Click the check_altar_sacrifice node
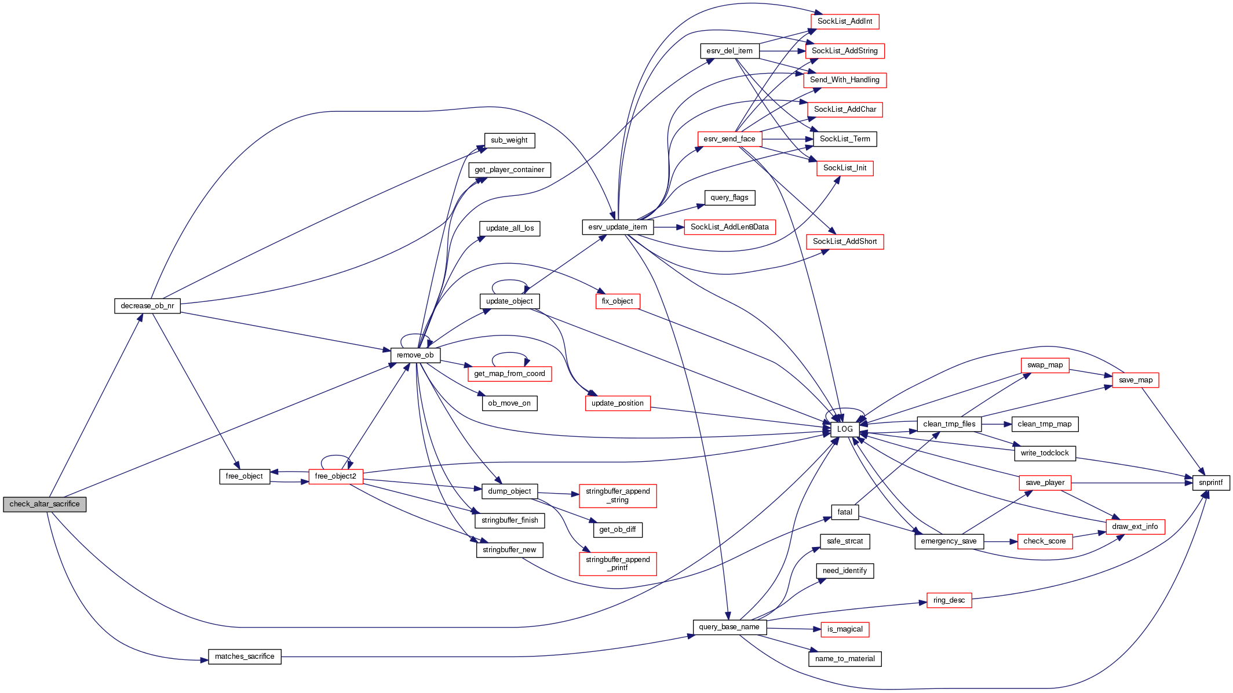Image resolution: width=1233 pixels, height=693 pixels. coord(45,504)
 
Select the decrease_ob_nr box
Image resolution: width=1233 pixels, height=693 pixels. coord(147,306)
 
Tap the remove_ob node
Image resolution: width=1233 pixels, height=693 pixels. coord(415,355)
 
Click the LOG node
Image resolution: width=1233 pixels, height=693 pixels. coord(845,429)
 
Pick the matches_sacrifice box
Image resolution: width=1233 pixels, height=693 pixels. coord(245,656)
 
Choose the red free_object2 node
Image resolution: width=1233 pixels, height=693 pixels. coord(335,476)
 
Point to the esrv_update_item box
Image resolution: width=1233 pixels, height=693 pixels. coord(618,227)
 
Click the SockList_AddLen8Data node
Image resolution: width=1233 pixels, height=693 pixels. coord(729,227)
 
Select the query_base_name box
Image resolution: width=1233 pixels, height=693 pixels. coord(729,627)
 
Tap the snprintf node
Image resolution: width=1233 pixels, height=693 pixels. coord(1210,483)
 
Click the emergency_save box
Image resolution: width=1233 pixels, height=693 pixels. coord(949,541)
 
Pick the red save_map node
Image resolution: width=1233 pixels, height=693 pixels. coord(1135,380)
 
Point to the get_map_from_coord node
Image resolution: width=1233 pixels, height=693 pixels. coord(509,374)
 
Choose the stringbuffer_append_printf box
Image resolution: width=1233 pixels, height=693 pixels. coord(618,564)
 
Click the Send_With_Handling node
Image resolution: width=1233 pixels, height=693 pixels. coord(844,80)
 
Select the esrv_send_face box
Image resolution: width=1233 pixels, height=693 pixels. coord(729,139)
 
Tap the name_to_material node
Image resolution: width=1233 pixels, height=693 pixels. coord(844,659)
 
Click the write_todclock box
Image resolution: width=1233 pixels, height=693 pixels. coord(1044,453)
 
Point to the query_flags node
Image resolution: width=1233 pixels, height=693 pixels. coord(729,198)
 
